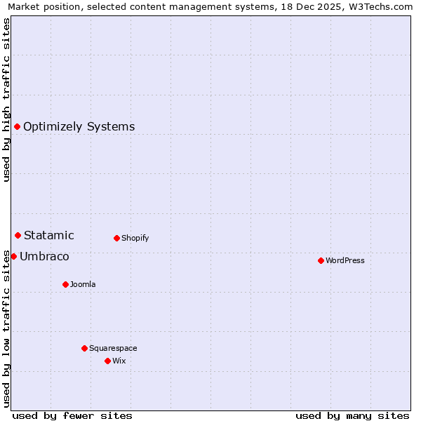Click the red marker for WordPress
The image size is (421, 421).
point(321,260)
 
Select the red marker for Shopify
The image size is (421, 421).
point(116,238)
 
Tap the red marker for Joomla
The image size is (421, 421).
point(65,284)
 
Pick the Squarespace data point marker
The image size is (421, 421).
point(84,348)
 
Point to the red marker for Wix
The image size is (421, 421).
point(107,361)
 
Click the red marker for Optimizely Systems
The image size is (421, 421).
point(17,126)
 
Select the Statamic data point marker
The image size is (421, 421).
point(18,235)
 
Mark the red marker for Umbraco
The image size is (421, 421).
point(13,256)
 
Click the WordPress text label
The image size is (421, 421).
point(345,260)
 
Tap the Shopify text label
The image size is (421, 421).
point(135,238)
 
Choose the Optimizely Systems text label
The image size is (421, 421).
point(79,127)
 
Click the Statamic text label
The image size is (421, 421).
point(48,236)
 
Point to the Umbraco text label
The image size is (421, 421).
point(44,257)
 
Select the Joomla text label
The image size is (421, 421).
point(83,284)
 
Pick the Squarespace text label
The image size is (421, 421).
point(113,348)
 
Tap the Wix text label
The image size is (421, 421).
point(119,361)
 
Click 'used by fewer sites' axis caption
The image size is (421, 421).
point(72,415)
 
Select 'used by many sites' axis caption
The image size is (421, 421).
point(352,415)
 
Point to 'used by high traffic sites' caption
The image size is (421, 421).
point(7,100)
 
